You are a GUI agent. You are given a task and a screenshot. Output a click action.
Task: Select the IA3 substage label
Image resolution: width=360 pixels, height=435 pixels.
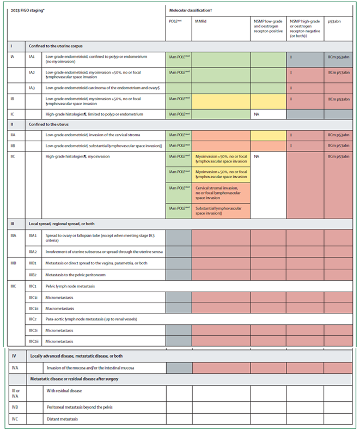pyautogui.click(x=33, y=87)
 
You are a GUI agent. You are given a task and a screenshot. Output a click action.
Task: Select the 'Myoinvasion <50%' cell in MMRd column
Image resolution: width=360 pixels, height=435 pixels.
pyautogui.click(x=221, y=159)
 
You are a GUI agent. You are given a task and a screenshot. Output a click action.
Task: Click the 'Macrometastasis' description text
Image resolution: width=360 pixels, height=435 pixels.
pyautogui.click(x=63, y=308)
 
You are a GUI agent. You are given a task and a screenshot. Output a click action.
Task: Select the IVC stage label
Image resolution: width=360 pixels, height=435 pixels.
pyautogui.click(x=15, y=419)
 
